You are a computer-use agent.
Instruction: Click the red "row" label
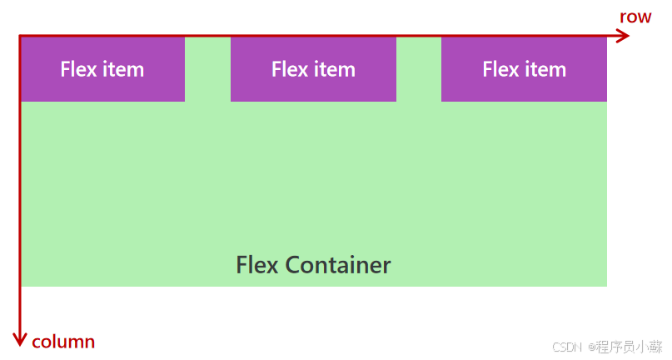point(635,17)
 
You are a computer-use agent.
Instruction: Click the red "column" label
point(63,342)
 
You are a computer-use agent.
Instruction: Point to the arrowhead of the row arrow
point(623,36)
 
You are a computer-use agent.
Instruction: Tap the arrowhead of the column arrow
point(20,338)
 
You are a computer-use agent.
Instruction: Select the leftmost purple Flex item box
point(102,69)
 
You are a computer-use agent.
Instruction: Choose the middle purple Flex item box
point(313,69)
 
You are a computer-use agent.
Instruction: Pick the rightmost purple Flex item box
point(524,69)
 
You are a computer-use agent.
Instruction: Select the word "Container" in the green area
point(337,265)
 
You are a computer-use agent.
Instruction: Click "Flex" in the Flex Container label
point(257,265)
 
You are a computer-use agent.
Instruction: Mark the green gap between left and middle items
point(207,69)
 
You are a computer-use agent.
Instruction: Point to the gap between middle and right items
point(418,69)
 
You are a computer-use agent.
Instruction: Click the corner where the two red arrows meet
point(20,36)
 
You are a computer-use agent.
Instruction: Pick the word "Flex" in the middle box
point(289,69)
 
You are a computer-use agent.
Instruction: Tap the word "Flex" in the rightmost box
point(500,69)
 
